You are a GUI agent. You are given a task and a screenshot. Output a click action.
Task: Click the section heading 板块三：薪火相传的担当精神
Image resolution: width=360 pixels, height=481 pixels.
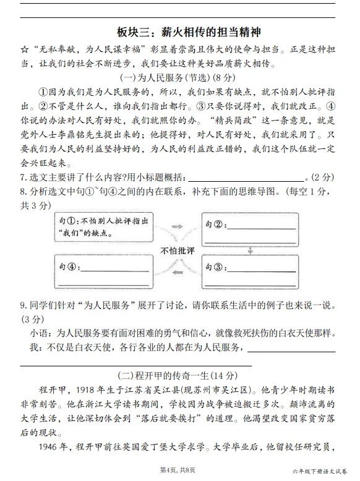[x=180, y=32]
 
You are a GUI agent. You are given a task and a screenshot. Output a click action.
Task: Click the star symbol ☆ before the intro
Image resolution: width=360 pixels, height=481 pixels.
[x=25, y=49]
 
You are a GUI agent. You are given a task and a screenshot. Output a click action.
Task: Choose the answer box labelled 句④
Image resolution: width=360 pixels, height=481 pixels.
[x=103, y=268]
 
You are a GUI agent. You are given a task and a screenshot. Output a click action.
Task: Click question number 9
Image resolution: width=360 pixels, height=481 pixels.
[x=24, y=305]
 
